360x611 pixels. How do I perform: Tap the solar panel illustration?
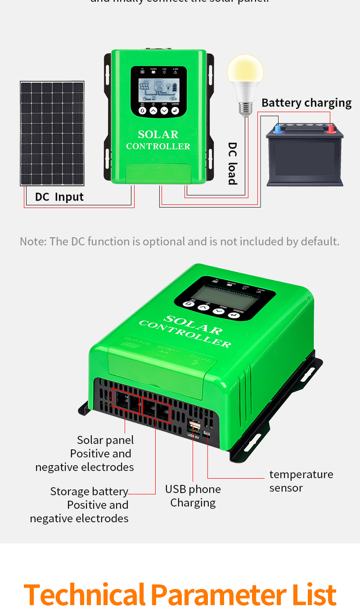(x=52, y=133)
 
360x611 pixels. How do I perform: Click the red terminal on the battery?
(x=331, y=129)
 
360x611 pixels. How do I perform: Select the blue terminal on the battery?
(x=278, y=129)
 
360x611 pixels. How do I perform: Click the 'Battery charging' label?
(x=306, y=103)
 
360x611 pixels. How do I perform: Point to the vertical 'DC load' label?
(x=232, y=163)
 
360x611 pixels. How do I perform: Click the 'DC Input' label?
(x=59, y=197)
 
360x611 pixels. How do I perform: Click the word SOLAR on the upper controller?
(x=158, y=134)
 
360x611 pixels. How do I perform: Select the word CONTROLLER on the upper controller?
(x=158, y=146)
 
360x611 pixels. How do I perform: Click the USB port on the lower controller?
(x=194, y=425)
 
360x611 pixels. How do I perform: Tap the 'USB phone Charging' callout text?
(x=193, y=496)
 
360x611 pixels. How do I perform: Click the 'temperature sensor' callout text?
(x=301, y=481)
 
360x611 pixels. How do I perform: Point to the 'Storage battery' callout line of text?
(x=89, y=491)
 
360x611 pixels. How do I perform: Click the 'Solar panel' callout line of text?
(x=105, y=440)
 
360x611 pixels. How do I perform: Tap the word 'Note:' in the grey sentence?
(x=33, y=241)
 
